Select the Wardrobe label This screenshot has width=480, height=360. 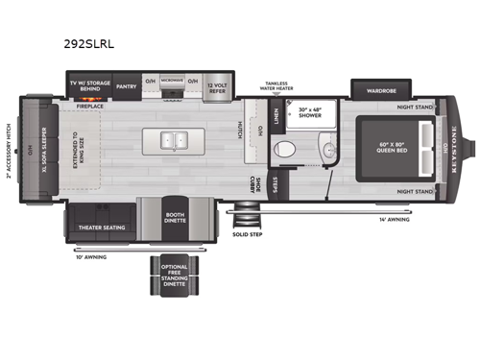tap(375, 91)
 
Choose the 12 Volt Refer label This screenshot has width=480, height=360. tap(221, 85)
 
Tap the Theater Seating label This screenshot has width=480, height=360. tap(99, 228)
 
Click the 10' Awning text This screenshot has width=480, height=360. tap(91, 256)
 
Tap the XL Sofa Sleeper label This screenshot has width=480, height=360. tap(42, 151)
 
